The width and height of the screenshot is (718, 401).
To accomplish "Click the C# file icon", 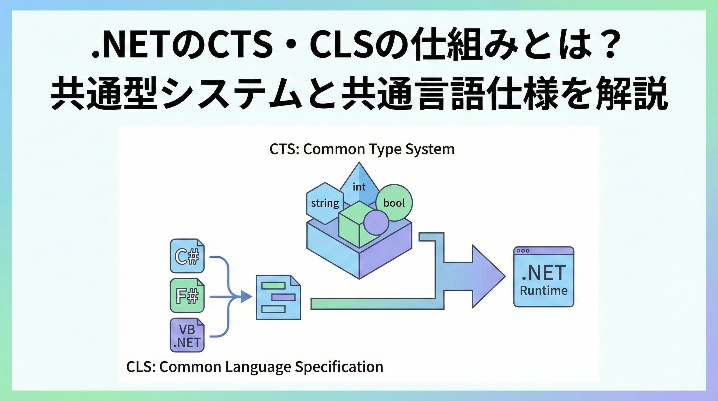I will tap(187, 256).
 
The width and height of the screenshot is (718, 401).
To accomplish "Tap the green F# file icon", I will tap(187, 295).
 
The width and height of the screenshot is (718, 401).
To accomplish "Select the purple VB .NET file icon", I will tap(187, 335).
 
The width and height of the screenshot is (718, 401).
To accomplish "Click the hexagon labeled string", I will tap(325, 203).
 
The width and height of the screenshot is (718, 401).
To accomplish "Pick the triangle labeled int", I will tap(359, 184).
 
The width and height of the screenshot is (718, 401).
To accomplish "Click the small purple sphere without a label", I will tap(376, 222).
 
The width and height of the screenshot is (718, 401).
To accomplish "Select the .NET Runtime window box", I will tap(543, 277).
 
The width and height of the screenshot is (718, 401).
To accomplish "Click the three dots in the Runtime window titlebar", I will tap(523, 251).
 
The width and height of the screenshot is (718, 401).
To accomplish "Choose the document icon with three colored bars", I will tap(278, 297).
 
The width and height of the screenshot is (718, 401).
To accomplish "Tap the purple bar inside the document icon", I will tap(283, 297).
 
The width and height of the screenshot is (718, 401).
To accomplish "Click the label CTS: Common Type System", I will tap(362, 149).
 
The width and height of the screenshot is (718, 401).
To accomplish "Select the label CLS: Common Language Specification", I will tap(254, 367).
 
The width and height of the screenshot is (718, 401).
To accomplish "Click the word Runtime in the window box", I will tap(543, 291).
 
